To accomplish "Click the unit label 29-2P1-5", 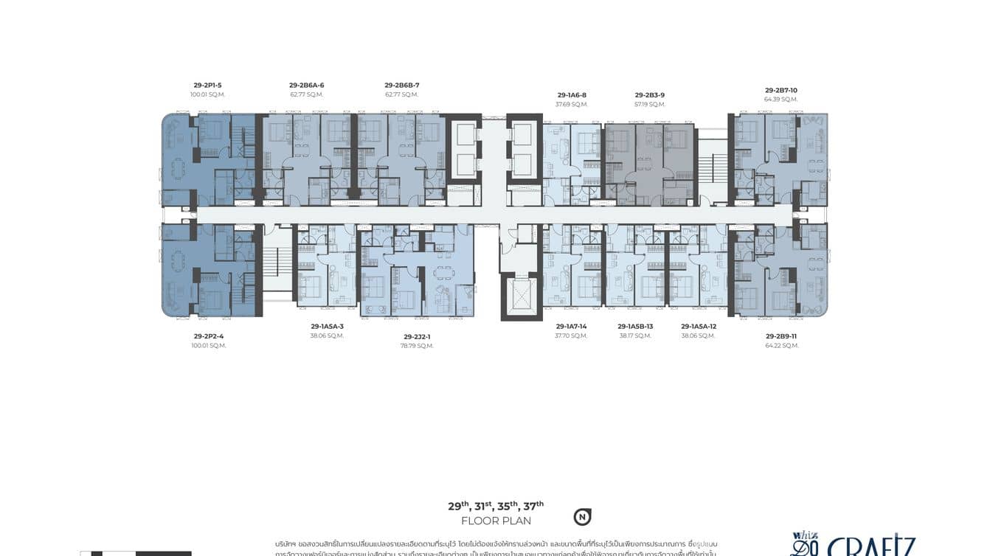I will coord(207,86).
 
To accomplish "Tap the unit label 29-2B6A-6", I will coord(307,86).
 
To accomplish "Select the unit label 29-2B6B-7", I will coord(402,86).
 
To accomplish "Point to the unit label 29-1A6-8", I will coord(572,95).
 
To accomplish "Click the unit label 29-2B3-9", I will coord(650,95).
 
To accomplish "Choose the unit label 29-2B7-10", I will coord(781,91).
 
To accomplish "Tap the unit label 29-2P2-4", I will coord(209,336).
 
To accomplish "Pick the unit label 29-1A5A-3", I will coord(328,326).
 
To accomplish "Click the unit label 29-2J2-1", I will coord(418,336).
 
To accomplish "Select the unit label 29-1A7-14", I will coord(572,326).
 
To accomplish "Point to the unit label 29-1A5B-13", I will coord(635,326).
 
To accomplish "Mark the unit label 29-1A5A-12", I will coord(699,326).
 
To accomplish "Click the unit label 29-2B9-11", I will coord(781,336).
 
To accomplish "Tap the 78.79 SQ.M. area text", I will coord(418,346).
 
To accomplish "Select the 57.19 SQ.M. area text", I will coord(650,105).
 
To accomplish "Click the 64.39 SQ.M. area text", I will coord(781,100).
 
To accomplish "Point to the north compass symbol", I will coord(583,517).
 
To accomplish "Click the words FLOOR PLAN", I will coord(496,521).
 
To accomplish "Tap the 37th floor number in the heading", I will coord(533,506).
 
